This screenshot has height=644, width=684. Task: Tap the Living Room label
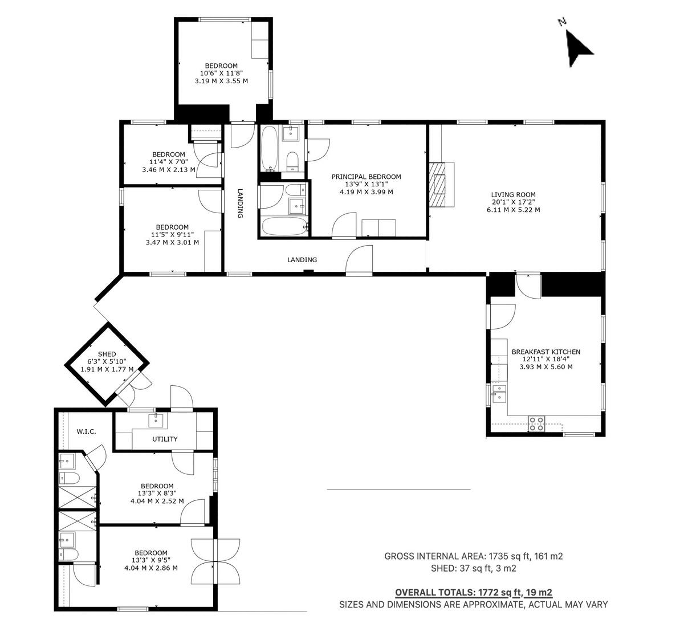(513, 194)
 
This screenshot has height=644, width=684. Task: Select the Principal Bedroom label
(366, 177)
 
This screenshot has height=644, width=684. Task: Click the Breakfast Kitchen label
(546, 352)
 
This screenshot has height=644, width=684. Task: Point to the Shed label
(107, 354)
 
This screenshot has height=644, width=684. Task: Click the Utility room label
(165, 439)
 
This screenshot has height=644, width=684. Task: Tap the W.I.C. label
(86, 431)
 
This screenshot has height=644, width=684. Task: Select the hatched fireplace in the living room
(437, 185)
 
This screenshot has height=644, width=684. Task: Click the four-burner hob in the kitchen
(536, 424)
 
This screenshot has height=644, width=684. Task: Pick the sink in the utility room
(156, 420)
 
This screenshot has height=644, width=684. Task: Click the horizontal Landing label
(302, 260)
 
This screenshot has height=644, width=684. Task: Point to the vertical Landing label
(240, 203)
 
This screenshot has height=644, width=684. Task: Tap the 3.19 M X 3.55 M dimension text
(221, 81)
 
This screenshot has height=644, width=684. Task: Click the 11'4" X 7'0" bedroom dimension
(169, 162)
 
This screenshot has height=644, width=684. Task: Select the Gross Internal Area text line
(474, 556)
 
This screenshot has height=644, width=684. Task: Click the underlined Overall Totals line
(474, 593)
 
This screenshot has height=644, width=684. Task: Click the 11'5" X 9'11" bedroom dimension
(172, 235)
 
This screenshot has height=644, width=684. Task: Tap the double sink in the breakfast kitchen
(499, 394)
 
